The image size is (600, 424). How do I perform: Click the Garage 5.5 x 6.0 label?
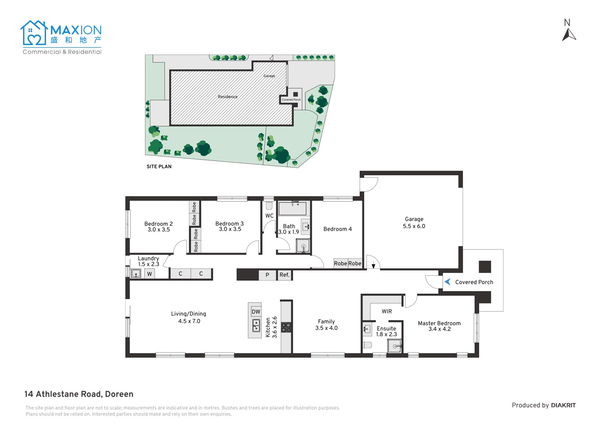coord(414,222)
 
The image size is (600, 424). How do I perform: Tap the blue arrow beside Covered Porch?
coord(447,282)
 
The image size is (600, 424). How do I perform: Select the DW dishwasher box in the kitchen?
coord(256,312)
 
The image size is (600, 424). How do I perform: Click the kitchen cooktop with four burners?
coord(286,327)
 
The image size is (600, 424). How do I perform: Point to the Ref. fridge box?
coord(284,275)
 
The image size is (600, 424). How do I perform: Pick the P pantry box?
coord(267,275)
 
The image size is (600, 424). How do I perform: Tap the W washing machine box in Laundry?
coord(149,274)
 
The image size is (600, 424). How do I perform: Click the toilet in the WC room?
coord(269,206)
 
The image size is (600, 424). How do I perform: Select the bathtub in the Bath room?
coord(292,209)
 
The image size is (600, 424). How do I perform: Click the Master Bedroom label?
coord(439,326)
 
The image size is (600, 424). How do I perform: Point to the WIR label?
coord(387,311)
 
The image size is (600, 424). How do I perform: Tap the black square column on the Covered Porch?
coord(485,267)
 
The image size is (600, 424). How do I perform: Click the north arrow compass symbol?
coord(569,34)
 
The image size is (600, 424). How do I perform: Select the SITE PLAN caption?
coord(159,167)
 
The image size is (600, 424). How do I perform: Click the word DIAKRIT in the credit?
coord(563,405)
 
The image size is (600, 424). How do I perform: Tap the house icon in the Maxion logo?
coord(34,33)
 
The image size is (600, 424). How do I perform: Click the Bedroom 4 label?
coord(337,229)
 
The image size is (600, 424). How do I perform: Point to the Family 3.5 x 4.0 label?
coord(326,325)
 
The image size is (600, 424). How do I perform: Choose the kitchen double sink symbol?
coord(256,325)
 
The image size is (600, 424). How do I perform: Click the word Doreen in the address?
coord(119,394)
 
